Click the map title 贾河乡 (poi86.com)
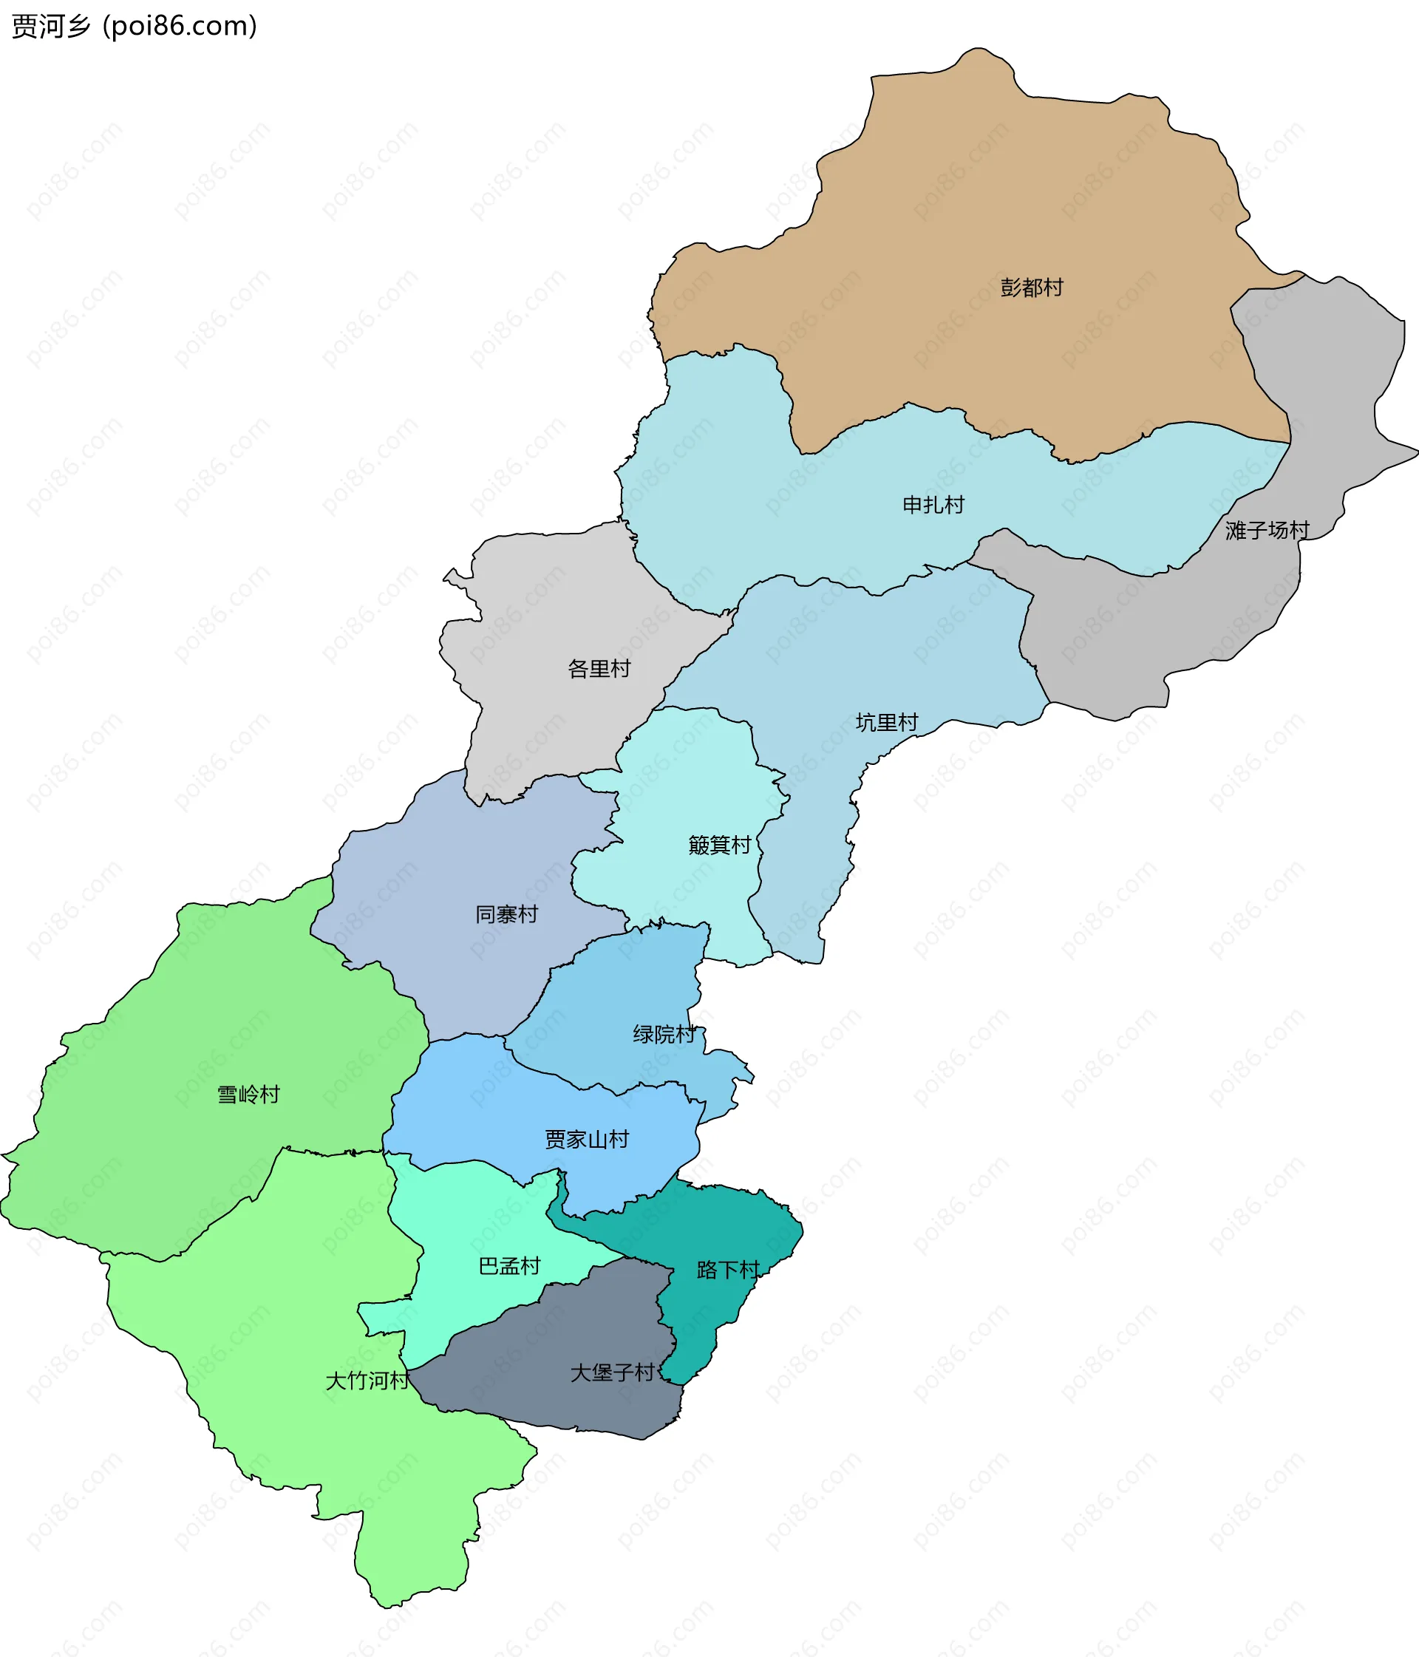coord(135,27)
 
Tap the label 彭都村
coord(1031,288)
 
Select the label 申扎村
coord(933,505)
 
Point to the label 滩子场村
coord(1267,530)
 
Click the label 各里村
coord(599,669)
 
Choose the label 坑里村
coord(886,723)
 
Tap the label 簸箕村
coord(719,845)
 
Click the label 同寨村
coord(506,914)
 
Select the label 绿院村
coord(664,1035)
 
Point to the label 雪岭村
coord(249,1095)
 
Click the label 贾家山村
coord(586,1140)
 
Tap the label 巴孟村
coord(508,1266)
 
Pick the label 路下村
coord(727,1270)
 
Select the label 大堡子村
coord(612,1373)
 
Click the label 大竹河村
coord(367,1381)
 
